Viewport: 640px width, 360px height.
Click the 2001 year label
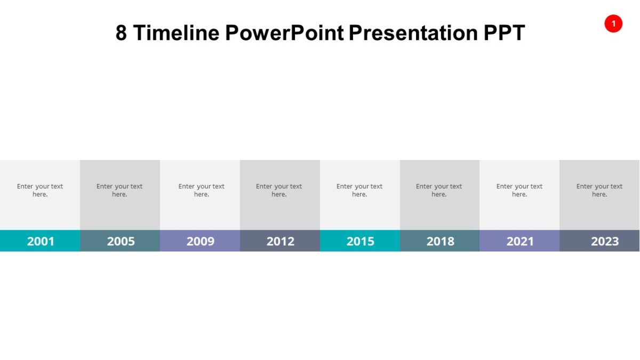pyautogui.click(x=41, y=241)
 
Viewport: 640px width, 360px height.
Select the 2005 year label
pyautogui.click(x=121, y=241)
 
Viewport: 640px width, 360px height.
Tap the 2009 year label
pyautogui.click(x=201, y=241)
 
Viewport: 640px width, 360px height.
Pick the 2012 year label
pyautogui.click(x=281, y=241)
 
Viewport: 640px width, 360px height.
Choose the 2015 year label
pyautogui.click(x=361, y=241)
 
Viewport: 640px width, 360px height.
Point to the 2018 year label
pyautogui.click(x=440, y=241)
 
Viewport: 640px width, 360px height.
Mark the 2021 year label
pyautogui.click(x=520, y=241)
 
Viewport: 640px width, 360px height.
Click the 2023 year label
pyautogui.click(x=605, y=241)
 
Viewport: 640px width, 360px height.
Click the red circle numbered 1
pyautogui.click(x=613, y=23)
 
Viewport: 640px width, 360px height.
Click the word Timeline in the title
pyautogui.click(x=176, y=33)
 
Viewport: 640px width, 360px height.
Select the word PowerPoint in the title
pyautogui.click(x=284, y=33)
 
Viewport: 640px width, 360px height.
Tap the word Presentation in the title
pyautogui.click(x=413, y=33)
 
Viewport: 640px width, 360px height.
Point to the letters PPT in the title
pyautogui.click(x=504, y=33)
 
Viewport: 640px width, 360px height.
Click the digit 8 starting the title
pyautogui.click(x=122, y=33)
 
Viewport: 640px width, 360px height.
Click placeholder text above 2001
pyautogui.click(x=40, y=190)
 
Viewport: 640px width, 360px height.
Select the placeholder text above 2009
pyautogui.click(x=201, y=190)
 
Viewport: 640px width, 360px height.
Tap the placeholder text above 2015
pyautogui.click(x=359, y=190)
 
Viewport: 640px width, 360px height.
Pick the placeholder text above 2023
pyautogui.click(x=599, y=190)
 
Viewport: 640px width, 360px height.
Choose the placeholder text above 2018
pyautogui.click(x=439, y=190)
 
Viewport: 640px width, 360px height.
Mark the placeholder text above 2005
pyautogui.click(x=119, y=190)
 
